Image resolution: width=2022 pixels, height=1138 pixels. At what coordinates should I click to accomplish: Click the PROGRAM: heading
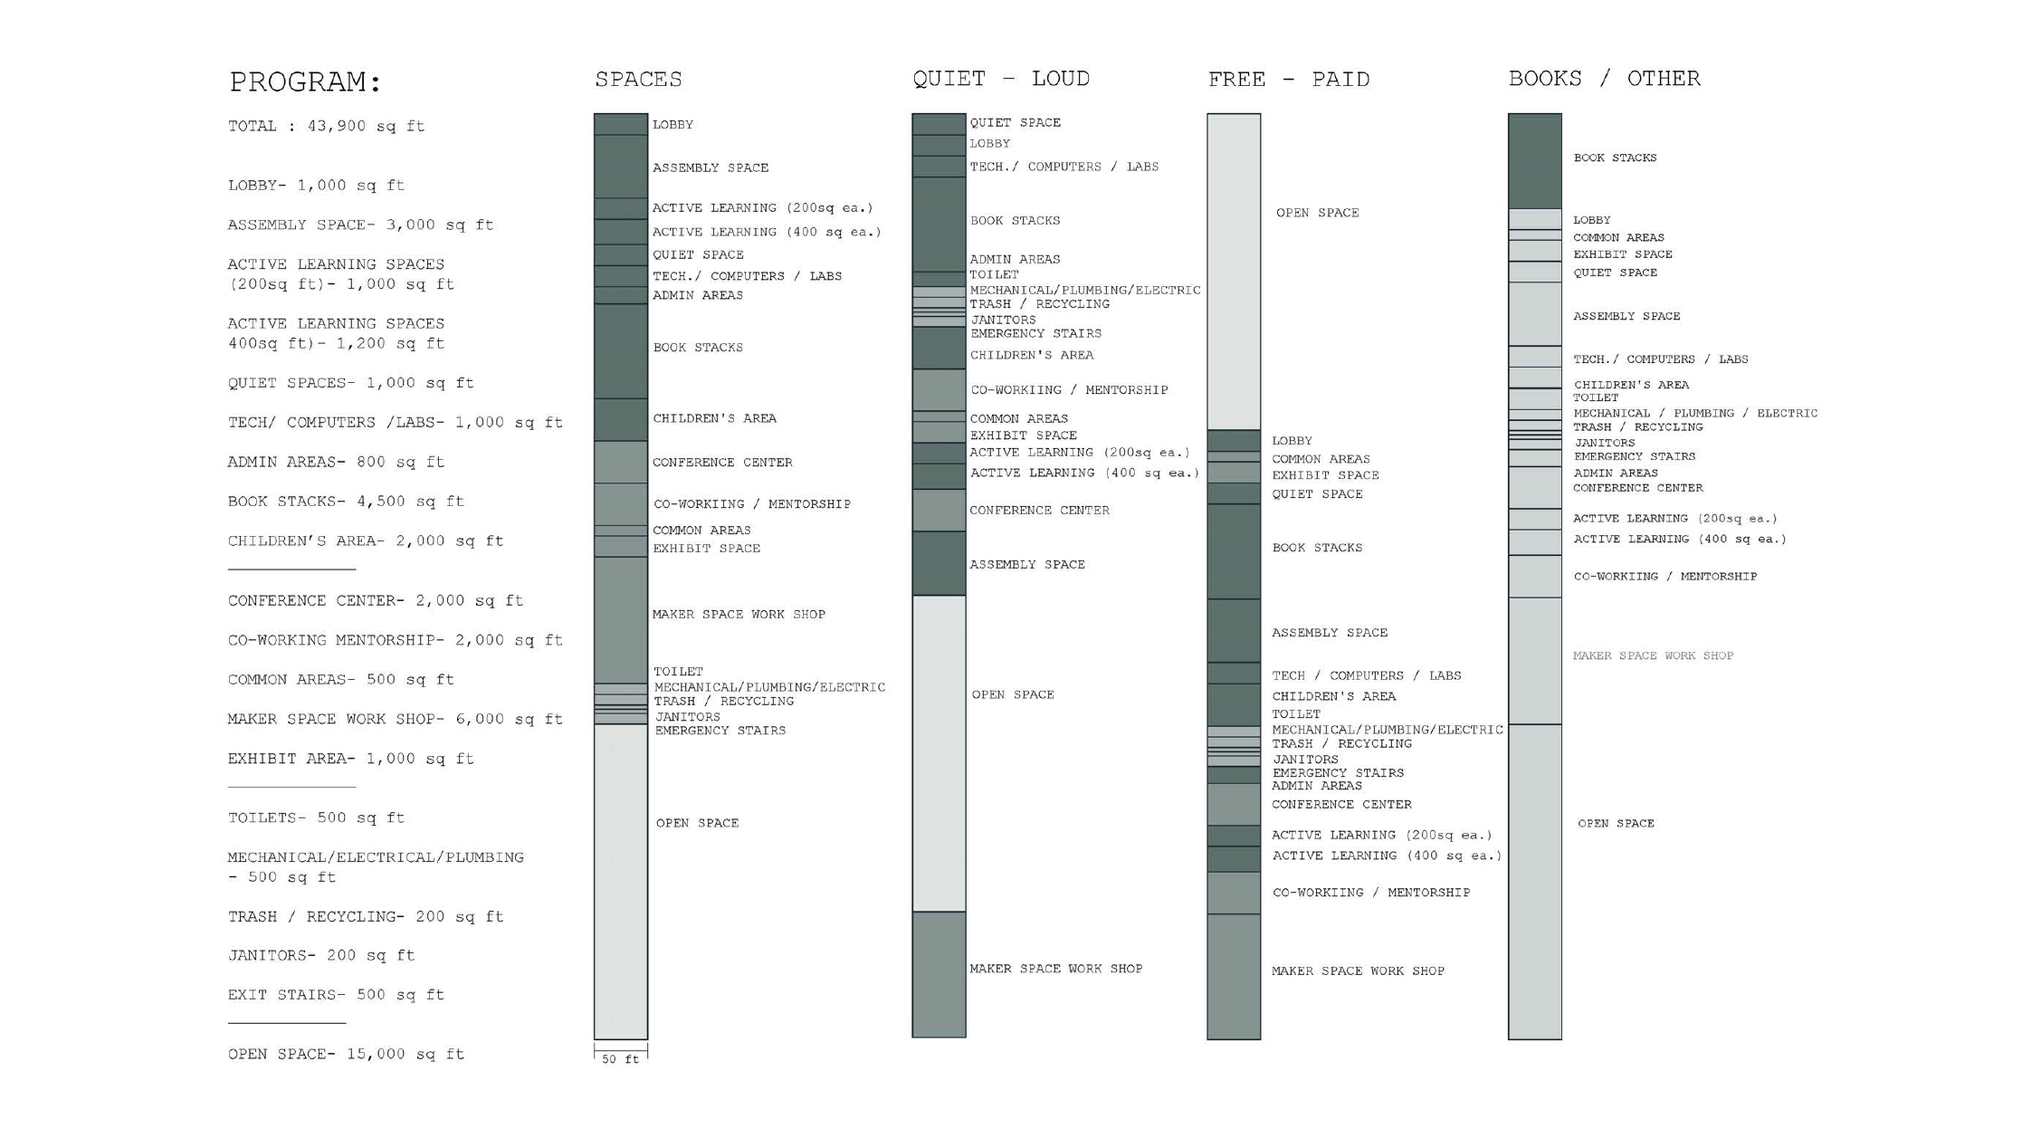305,82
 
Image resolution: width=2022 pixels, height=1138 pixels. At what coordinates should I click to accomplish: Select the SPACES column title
638,80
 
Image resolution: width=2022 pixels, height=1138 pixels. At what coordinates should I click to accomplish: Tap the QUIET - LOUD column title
1000,79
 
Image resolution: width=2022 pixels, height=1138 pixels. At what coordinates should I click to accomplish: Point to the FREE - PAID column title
1288,80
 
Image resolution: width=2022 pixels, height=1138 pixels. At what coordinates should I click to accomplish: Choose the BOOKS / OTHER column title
1604,79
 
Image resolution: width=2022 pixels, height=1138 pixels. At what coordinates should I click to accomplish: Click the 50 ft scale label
620,1059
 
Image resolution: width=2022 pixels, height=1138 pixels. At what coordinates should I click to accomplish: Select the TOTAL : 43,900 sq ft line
326,126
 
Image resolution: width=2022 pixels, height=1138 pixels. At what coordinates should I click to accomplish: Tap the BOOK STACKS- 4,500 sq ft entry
345,502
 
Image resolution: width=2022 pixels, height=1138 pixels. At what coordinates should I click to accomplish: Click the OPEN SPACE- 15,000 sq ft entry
345,1054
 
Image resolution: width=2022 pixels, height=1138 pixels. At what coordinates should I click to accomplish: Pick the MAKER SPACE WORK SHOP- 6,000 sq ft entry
395,719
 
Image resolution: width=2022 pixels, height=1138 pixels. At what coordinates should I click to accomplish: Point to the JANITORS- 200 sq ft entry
320,955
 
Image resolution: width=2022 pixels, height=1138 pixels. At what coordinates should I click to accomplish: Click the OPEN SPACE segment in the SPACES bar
620,883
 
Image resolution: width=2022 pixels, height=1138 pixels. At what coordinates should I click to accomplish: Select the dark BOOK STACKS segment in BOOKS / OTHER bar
1534,161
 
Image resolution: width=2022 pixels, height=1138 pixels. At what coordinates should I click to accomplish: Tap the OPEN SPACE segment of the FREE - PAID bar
1233,272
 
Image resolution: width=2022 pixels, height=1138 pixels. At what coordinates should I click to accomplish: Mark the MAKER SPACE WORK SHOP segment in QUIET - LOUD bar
939,974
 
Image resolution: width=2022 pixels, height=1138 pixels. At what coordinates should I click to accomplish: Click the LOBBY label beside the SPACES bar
672,125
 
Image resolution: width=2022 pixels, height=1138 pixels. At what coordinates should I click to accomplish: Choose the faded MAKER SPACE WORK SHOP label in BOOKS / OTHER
1653,655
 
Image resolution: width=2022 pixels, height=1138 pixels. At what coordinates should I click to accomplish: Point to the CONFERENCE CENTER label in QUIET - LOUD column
1039,511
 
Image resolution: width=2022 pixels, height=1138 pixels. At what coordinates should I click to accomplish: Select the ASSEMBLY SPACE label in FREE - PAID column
1329,633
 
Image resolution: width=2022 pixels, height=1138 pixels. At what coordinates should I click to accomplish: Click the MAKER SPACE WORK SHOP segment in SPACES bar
620,620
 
